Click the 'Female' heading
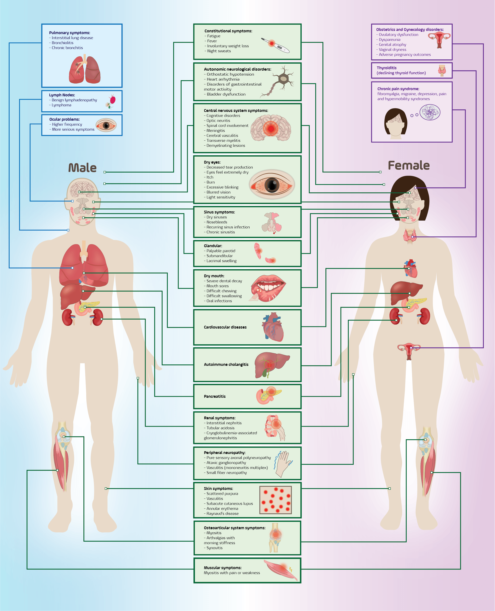tap(409, 165)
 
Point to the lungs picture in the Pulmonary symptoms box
tap(85, 69)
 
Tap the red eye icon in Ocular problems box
tap(106, 125)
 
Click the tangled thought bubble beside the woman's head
tap(430, 112)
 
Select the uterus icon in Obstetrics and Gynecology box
tap(439, 40)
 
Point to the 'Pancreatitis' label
tap(215, 396)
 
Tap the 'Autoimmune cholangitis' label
tap(226, 364)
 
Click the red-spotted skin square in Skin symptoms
tap(276, 500)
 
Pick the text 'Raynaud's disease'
tap(222, 513)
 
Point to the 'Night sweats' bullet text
tap(219, 51)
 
